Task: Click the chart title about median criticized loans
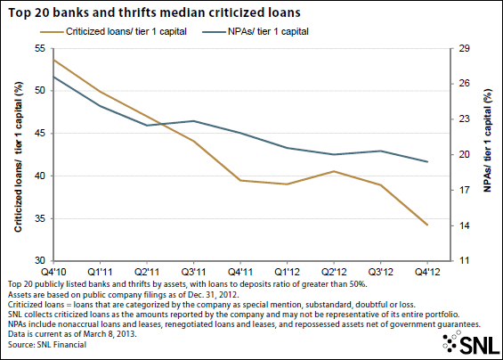[154, 12]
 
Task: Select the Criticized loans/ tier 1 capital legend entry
[113, 31]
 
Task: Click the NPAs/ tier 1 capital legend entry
[256, 31]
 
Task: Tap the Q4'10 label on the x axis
[53, 272]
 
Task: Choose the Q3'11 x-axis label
[193, 272]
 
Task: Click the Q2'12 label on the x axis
[334, 272]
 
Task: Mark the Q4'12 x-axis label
[427, 272]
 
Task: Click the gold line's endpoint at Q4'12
[427, 225]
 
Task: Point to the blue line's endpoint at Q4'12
[427, 161]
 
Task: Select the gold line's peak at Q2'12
[334, 171]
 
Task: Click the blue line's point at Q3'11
[193, 121]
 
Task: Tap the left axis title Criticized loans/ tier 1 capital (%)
[19, 157]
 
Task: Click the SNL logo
[470, 342]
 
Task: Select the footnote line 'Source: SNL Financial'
[47, 345]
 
